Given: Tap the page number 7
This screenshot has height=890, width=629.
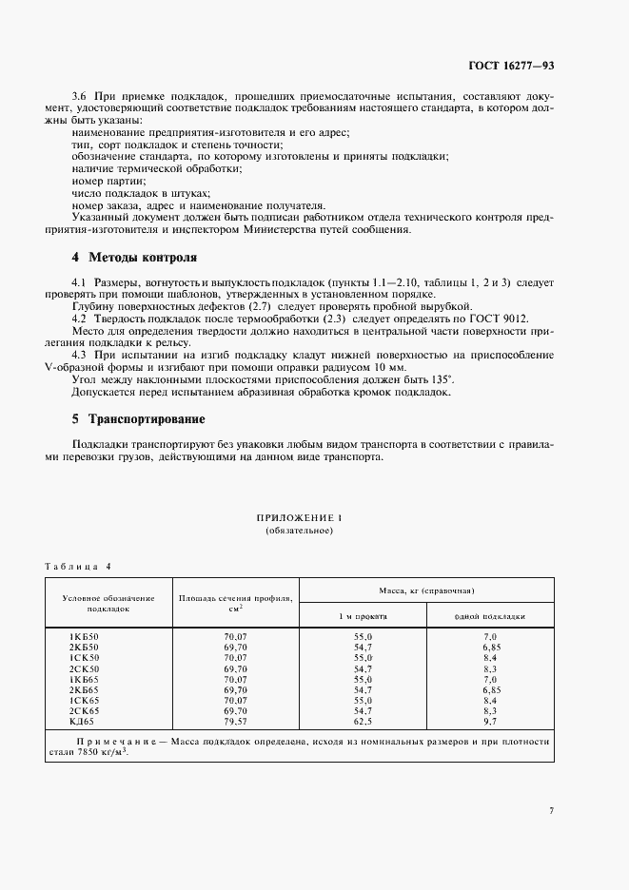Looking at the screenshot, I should [x=551, y=810].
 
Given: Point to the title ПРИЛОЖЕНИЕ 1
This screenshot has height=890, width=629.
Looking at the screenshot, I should [x=299, y=517].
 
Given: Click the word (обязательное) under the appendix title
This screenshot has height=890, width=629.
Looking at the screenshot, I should [x=299, y=530].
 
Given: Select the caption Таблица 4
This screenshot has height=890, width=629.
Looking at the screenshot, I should [x=78, y=566].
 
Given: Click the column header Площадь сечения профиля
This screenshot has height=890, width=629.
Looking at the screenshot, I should [x=235, y=597].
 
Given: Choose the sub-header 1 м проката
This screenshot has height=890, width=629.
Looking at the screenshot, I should [x=364, y=615].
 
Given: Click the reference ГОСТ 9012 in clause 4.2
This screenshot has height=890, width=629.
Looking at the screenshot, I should [x=496, y=319].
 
